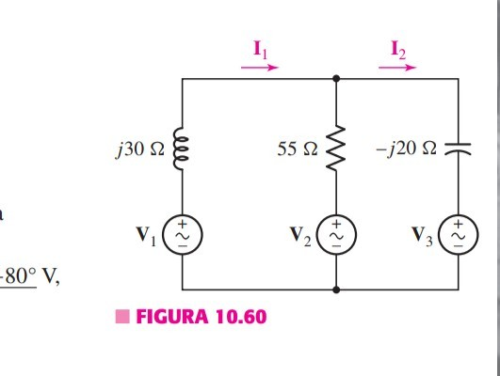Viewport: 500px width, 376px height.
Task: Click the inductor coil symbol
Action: click(181, 150)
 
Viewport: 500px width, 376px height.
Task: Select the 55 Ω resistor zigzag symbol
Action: click(337, 149)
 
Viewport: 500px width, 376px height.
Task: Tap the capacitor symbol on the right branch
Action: click(460, 149)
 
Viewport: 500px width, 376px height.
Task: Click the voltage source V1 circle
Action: click(181, 231)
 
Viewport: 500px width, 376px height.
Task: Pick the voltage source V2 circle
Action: click(337, 231)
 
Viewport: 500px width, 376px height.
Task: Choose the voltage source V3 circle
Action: click(460, 231)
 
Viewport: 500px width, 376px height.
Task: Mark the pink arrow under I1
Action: click(261, 68)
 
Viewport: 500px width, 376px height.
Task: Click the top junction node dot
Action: click(337, 82)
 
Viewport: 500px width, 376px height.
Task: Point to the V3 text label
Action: click(427, 232)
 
